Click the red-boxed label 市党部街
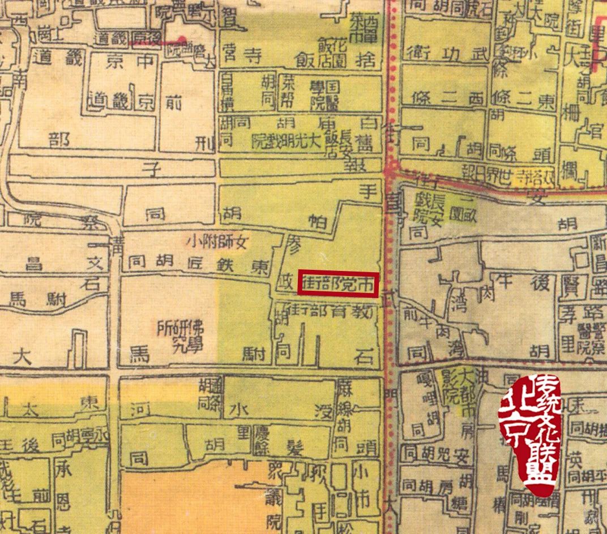click(x=339, y=283)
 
